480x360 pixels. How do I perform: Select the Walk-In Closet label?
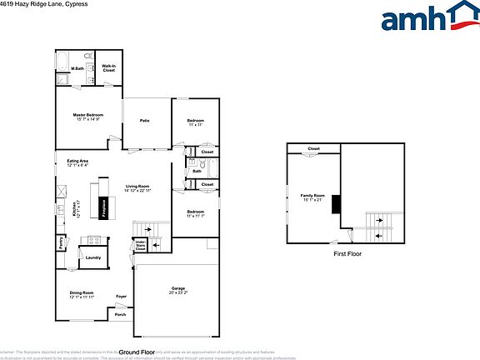[x=109, y=69]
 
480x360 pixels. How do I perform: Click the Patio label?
[x=144, y=121]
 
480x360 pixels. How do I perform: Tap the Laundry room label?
[x=92, y=257]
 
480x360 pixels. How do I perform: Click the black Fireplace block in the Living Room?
[x=103, y=206]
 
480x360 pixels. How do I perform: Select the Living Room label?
[x=137, y=187]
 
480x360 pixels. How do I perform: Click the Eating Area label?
[x=77, y=161]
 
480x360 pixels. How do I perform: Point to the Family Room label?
[x=312, y=196]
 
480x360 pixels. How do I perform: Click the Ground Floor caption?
[x=137, y=352]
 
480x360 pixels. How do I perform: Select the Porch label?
[x=120, y=315]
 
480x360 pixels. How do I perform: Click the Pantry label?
[x=62, y=243]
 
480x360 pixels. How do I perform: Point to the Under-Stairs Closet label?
[x=141, y=246]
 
